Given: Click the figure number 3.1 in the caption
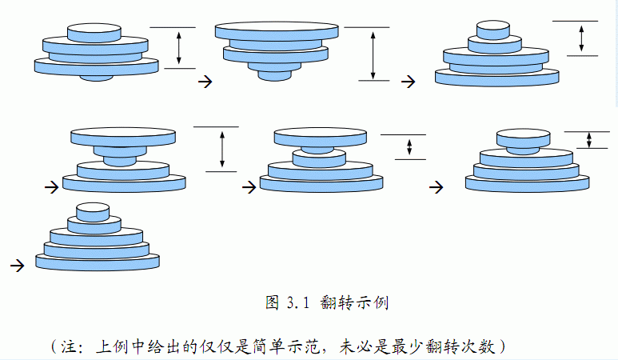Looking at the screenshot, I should point(297,302).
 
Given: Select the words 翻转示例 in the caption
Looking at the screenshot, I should point(353,302).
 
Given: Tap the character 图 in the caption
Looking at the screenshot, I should point(272,302).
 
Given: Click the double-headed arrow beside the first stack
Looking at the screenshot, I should point(179,47).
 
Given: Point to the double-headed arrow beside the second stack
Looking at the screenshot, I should point(373,54).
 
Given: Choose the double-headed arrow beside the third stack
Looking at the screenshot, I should point(581,38).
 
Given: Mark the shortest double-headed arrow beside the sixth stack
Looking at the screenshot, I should point(589,140).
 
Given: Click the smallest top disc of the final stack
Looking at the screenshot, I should point(93,211).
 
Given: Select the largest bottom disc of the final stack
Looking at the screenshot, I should point(97,261).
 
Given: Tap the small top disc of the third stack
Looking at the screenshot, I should point(492,30).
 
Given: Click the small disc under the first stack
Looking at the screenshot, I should point(97,77).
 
